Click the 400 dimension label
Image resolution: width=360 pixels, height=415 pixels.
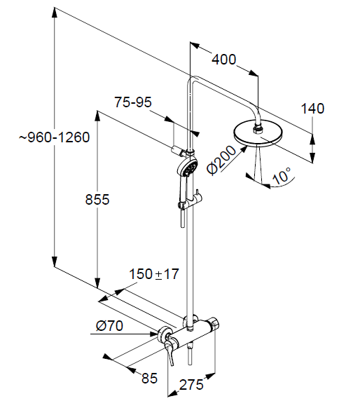pyautogui.click(x=224, y=60)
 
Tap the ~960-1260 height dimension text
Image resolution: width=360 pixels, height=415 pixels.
pyautogui.click(x=54, y=137)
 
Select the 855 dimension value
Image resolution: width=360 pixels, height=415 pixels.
pyautogui.click(x=97, y=199)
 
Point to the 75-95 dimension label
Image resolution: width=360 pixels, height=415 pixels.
pyautogui.click(x=133, y=102)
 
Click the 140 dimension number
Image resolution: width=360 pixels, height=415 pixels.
pyautogui.click(x=312, y=109)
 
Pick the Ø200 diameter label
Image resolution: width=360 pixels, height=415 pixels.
pyautogui.click(x=221, y=160)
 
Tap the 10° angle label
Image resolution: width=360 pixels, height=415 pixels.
pyautogui.click(x=282, y=175)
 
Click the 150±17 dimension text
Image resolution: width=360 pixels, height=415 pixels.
pyautogui.click(x=154, y=274)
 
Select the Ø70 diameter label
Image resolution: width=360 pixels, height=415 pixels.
pyautogui.click(x=109, y=325)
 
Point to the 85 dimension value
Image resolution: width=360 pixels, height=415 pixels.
pyautogui.click(x=149, y=378)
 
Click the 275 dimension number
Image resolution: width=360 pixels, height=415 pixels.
pyautogui.click(x=191, y=385)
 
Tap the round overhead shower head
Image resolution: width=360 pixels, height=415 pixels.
pyautogui.click(x=258, y=133)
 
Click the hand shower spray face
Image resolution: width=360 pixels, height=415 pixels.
pyautogui.click(x=191, y=168)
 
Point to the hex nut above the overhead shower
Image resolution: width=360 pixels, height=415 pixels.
pyautogui.click(x=257, y=130)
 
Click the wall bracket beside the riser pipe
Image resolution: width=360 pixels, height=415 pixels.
pyautogui.click(x=177, y=151)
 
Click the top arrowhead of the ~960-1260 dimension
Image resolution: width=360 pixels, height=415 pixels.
pyautogui.click(x=54, y=13)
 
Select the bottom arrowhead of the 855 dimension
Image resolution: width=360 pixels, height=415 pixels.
pyautogui.click(x=97, y=283)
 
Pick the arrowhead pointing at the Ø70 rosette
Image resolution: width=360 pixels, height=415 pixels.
pyautogui.click(x=153, y=334)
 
